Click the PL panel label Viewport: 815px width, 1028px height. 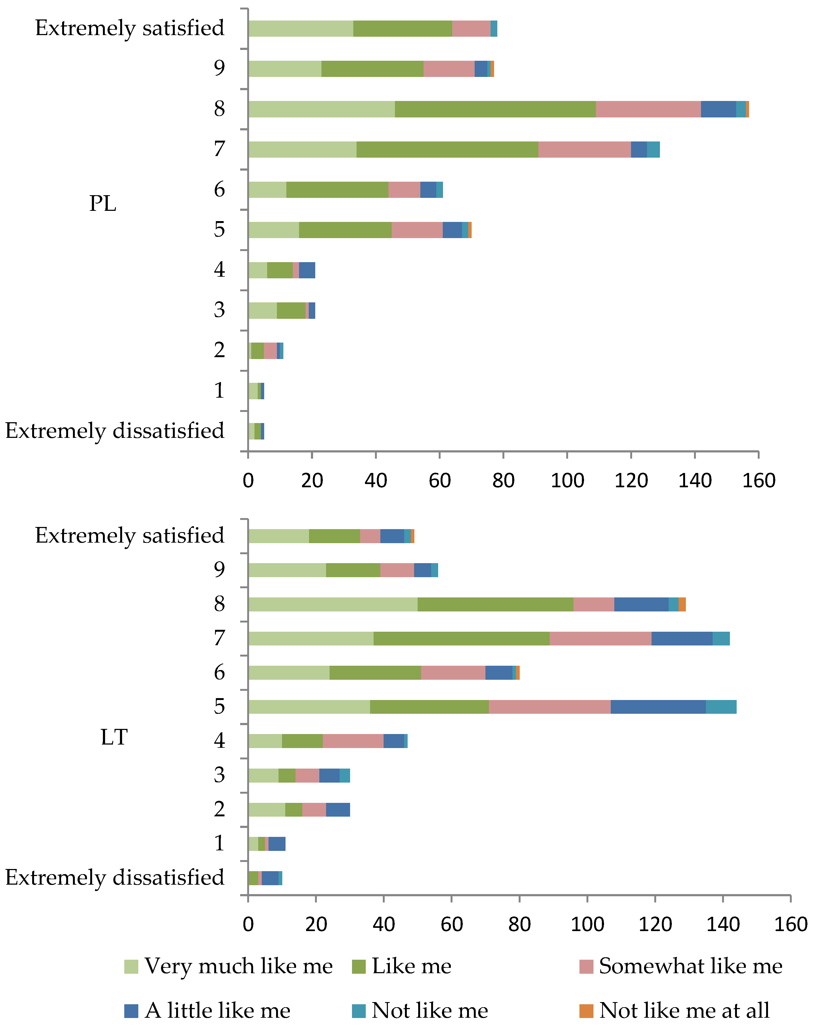point(103,204)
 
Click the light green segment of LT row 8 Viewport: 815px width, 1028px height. point(333,604)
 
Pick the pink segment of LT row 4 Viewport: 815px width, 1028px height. point(353,741)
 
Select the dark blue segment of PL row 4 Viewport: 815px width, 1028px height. point(307,270)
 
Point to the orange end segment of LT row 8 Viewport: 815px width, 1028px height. point(682,604)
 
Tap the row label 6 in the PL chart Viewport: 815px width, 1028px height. point(219,190)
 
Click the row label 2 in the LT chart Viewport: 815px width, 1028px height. point(219,809)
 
